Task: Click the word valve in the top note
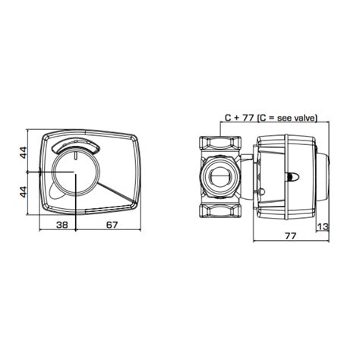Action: click(x=304, y=118)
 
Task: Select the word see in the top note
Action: click(x=283, y=118)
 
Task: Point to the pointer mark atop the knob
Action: click(x=77, y=156)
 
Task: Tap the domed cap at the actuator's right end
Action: click(x=325, y=174)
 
